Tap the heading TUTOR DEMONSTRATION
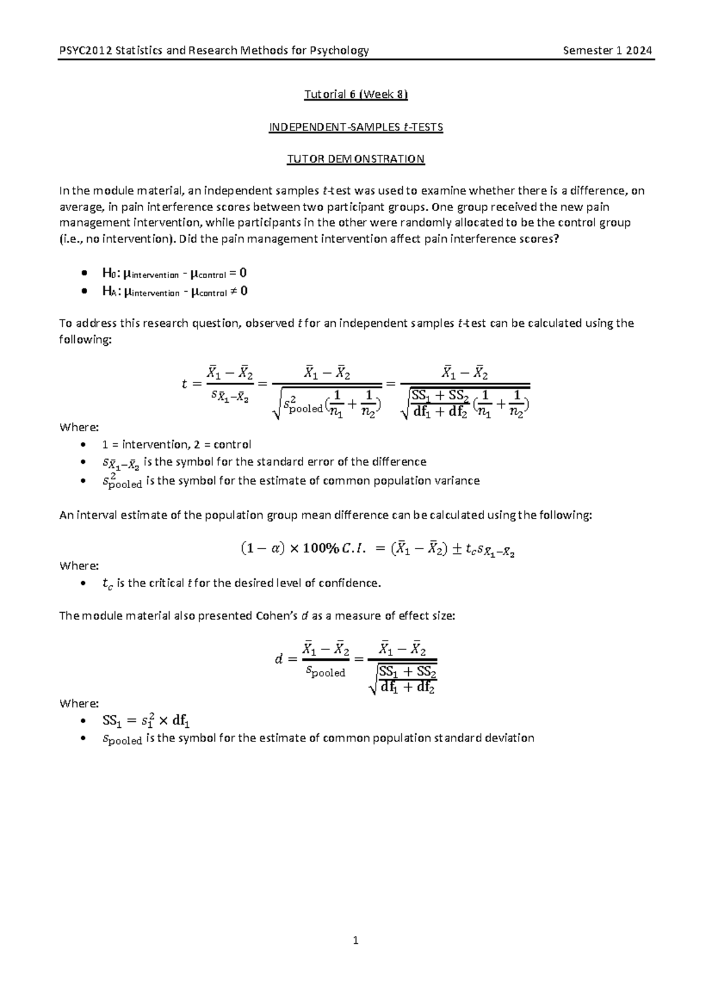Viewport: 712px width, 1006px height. pos(356,159)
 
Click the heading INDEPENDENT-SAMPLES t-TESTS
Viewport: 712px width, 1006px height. pos(356,127)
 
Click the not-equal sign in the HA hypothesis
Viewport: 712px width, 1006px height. pos(234,291)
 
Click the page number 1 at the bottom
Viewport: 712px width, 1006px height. pos(355,940)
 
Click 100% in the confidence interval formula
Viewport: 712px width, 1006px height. pos(323,549)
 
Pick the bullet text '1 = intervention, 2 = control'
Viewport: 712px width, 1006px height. pos(176,444)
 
